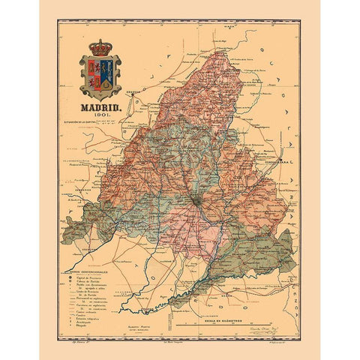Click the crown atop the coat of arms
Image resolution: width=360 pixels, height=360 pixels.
coord(100,48)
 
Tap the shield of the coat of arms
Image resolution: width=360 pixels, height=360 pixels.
coord(100,74)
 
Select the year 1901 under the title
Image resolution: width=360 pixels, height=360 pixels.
coord(100,116)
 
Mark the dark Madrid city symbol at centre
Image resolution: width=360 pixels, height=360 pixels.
coord(194,201)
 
